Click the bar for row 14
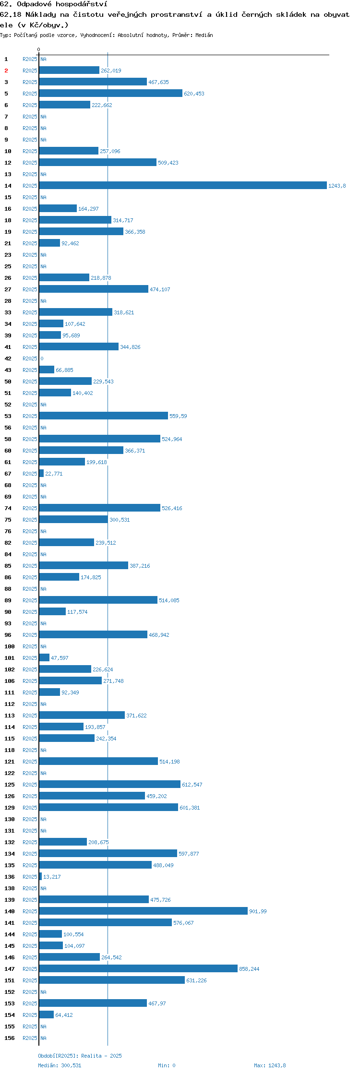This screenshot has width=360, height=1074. click(183, 185)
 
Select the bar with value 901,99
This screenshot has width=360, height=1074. click(144, 911)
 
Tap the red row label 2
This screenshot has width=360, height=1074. click(6, 71)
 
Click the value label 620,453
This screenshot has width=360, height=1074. click(194, 94)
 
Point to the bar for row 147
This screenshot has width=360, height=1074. click(138, 968)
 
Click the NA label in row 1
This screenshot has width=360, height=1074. click(43, 59)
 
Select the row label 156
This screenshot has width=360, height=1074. click(10, 1038)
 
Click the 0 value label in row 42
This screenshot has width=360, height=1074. click(42, 358)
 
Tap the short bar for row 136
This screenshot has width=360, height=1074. click(40, 876)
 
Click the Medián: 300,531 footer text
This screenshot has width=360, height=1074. click(60, 1065)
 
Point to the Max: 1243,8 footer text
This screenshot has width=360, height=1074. click(270, 1065)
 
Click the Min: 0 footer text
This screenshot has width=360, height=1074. click(167, 1065)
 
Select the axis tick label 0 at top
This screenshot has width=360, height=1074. click(39, 49)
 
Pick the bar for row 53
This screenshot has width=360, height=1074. click(104, 416)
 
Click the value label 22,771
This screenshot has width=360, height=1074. click(54, 474)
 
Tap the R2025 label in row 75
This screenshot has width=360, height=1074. click(30, 520)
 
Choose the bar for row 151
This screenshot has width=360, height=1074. click(112, 980)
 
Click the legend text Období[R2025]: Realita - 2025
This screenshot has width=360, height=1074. click(80, 1056)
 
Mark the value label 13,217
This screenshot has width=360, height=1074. click(52, 877)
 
